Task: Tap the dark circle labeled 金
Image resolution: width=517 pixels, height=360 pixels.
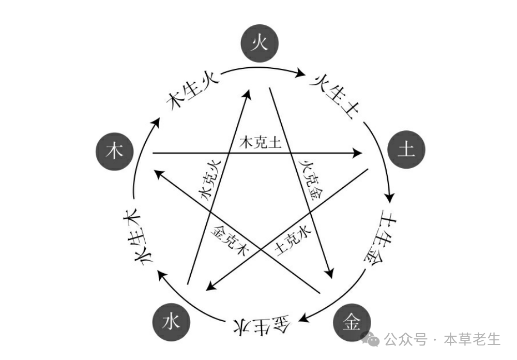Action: click(x=352, y=324)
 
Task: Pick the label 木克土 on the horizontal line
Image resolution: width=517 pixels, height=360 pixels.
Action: click(x=261, y=143)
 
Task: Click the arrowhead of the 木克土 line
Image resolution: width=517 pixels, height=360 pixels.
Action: click(x=358, y=153)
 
